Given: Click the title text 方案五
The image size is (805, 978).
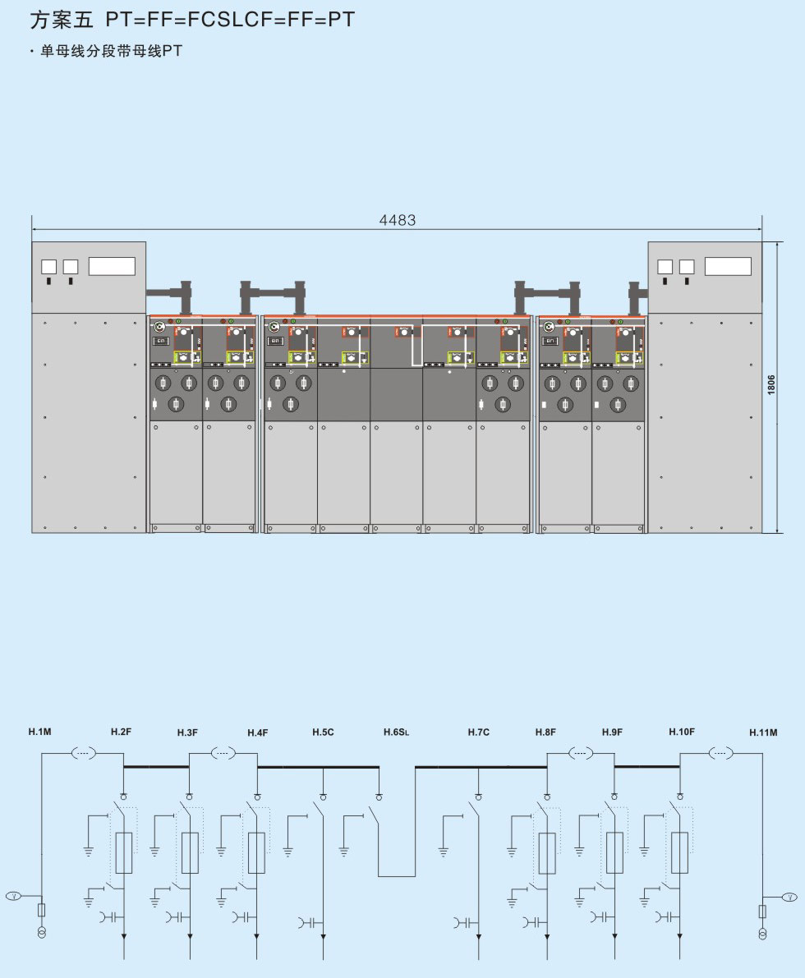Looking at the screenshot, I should [x=62, y=20].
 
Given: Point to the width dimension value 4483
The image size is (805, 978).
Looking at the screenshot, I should [x=397, y=220].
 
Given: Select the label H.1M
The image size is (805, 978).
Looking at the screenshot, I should [x=39, y=731].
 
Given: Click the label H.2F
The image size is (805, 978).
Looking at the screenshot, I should [x=122, y=731].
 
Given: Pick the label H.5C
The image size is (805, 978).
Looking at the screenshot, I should [x=323, y=732].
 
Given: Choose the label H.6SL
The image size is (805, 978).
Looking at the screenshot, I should [x=396, y=732].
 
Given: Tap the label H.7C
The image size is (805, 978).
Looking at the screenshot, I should [x=479, y=732].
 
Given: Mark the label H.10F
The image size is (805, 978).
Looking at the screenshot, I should [x=682, y=731].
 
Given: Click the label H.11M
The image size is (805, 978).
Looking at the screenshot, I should [x=763, y=732].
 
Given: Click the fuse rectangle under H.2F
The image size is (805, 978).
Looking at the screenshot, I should [x=124, y=852].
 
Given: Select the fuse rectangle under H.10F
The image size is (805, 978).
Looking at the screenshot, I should [x=680, y=852].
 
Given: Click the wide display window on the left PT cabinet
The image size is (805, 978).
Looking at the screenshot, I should [x=112, y=266].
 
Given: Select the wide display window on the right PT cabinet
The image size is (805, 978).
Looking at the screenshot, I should [x=728, y=266].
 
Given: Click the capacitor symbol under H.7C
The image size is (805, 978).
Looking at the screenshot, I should [x=463, y=922].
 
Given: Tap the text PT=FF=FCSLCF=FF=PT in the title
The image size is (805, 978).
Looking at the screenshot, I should [x=231, y=20].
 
